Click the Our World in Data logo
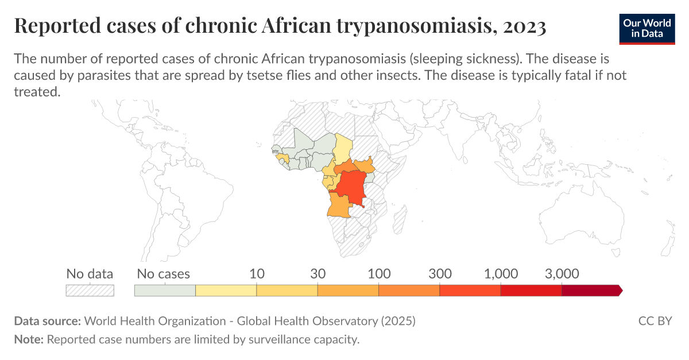[x=647, y=27]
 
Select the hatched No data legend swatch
[x=90, y=291]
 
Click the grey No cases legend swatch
[x=165, y=291]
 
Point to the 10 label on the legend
[x=257, y=274]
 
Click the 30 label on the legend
[x=318, y=274]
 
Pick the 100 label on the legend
[x=379, y=274]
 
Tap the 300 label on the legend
[x=440, y=274]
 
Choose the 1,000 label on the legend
[x=501, y=274]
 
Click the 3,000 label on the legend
[x=562, y=274]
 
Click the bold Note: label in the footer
[x=29, y=339]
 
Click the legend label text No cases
[x=164, y=274]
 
